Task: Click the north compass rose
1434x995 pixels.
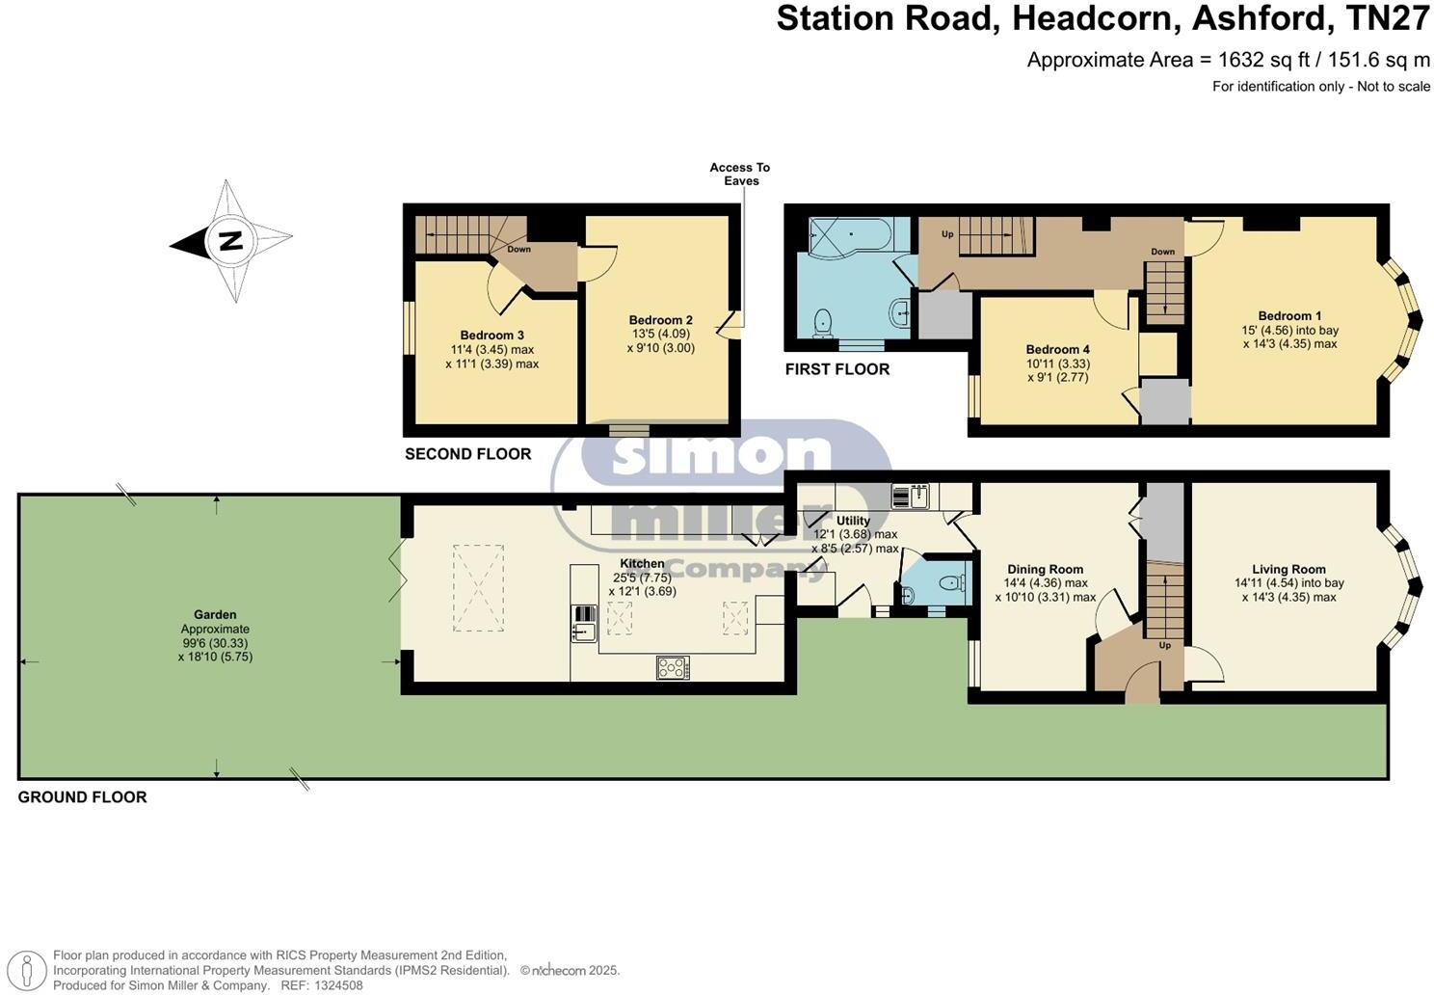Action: [x=231, y=240]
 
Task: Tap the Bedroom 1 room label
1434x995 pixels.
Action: [x=1289, y=316]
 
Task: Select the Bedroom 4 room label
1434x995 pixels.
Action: [x=1057, y=350]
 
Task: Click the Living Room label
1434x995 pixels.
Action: [x=1288, y=570]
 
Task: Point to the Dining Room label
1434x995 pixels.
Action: [x=1045, y=570]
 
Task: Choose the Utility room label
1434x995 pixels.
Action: [x=853, y=521]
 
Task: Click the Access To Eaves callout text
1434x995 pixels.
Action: [x=740, y=174]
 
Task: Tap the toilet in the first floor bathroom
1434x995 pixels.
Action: [x=823, y=321]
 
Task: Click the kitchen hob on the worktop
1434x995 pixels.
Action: [x=673, y=666]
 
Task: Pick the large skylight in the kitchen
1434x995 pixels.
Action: [x=478, y=588]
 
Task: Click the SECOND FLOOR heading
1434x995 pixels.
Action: [x=467, y=454]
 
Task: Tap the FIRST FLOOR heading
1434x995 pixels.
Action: [x=836, y=369]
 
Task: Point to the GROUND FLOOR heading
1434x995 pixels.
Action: [x=82, y=797]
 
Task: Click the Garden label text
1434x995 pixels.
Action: [x=215, y=615]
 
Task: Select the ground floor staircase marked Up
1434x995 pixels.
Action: [x=1164, y=602]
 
